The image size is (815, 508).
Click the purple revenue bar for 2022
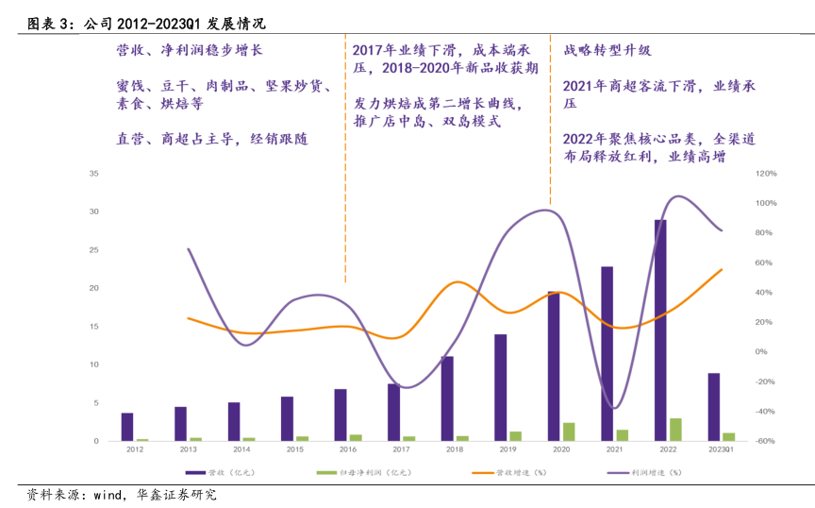(660, 330)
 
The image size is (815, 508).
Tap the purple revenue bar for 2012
(127, 427)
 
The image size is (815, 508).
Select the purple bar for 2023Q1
(714, 407)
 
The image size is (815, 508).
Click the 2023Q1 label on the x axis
(721, 450)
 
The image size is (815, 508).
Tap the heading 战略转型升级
(607, 50)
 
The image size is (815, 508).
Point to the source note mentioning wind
(123, 494)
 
